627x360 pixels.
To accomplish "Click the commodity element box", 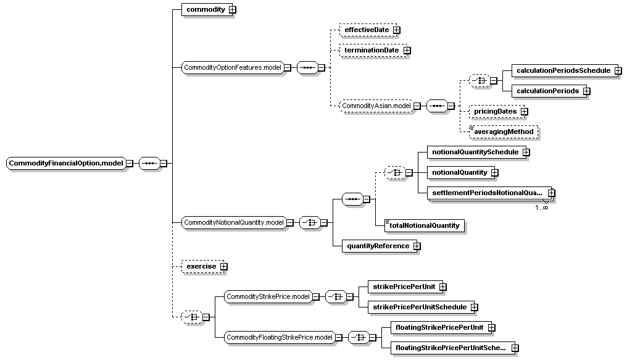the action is [x=206, y=9].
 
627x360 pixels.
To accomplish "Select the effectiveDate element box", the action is [x=367, y=30].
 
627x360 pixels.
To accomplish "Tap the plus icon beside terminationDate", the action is [x=407, y=51].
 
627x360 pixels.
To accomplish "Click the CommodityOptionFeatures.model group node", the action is [x=233, y=67].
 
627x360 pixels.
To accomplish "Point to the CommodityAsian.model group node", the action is [x=376, y=106].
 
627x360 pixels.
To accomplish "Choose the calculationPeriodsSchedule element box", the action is [x=563, y=71].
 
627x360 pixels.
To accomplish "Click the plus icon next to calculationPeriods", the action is [x=587, y=91].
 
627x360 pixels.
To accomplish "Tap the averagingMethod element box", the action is [x=504, y=132].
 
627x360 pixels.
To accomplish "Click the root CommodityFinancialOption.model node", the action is [x=66, y=163].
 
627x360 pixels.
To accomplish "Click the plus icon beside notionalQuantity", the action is [x=495, y=173].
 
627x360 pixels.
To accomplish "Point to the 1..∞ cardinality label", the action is [x=542, y=207].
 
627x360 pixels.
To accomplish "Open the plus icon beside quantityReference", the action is [x=417, y=246].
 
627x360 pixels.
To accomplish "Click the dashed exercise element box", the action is [x=203, y=267].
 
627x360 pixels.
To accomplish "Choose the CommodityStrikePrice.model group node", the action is [x=268, y=297].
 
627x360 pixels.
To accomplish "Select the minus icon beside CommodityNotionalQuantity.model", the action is [x=290, y=223].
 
